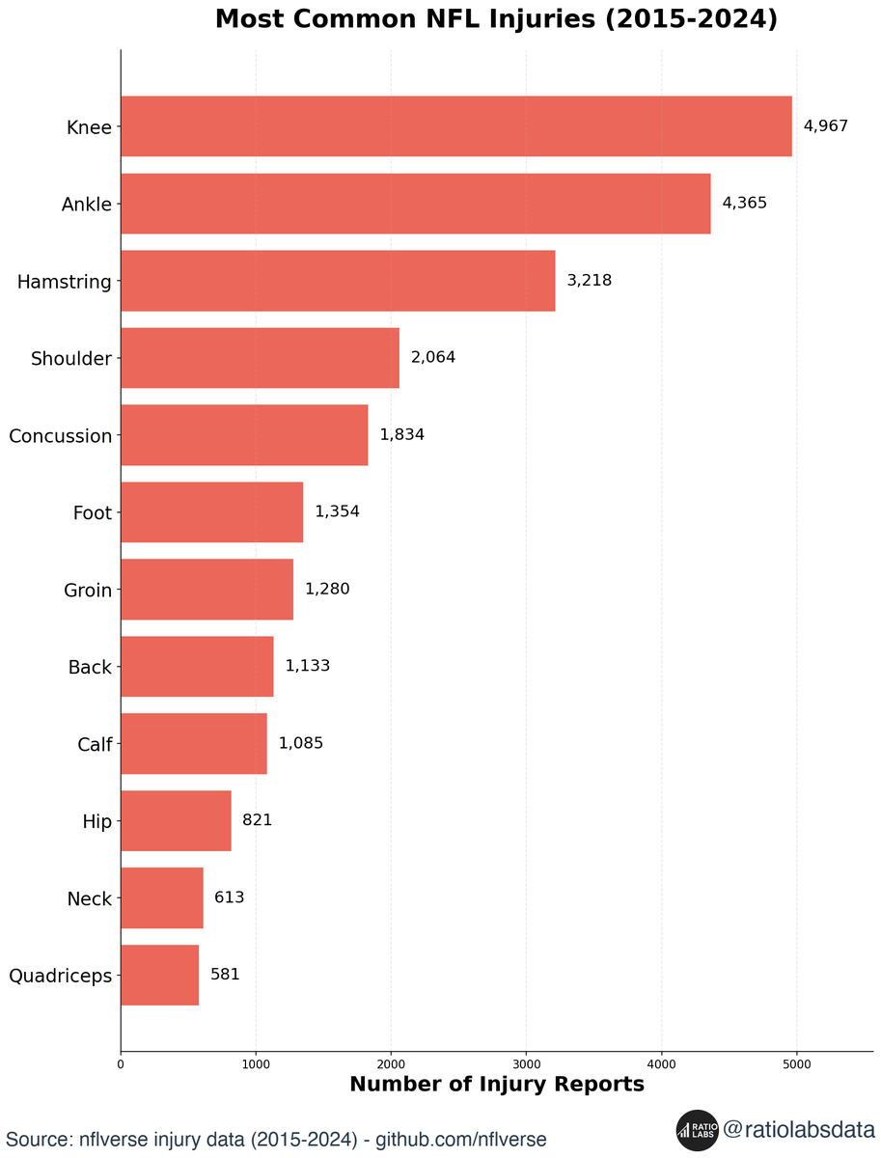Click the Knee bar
455,126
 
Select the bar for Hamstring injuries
338,281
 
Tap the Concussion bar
244,435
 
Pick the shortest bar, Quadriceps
159,975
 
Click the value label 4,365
744,204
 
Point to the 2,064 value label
432,358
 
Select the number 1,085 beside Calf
300,744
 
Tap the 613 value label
229,897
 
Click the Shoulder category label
70,359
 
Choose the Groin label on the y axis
88,591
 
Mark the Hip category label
96,822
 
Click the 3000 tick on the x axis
526,1065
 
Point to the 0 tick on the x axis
121,1065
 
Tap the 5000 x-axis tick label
796,1065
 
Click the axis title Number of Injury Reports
496,1085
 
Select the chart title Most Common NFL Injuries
496,20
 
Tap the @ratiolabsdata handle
798,1129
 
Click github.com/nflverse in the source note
460,1140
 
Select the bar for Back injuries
197,667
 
